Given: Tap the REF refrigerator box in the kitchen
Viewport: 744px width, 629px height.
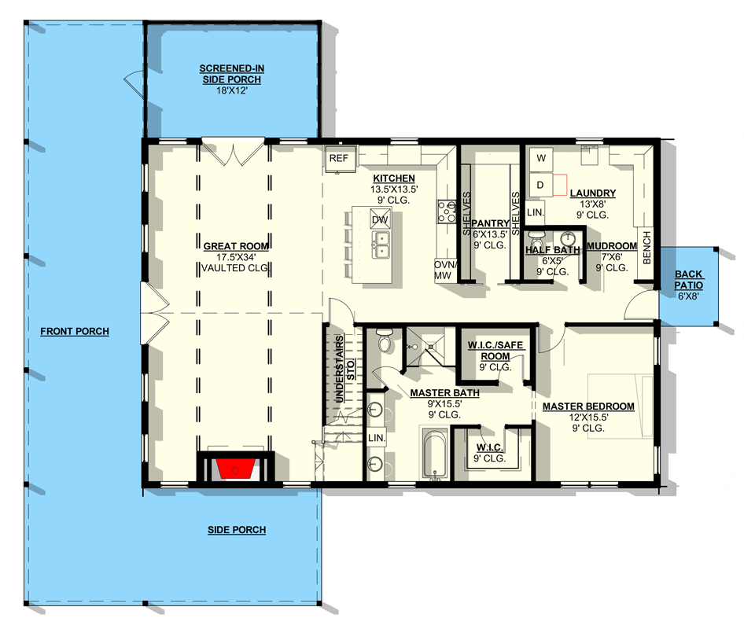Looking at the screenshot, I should (338, 159).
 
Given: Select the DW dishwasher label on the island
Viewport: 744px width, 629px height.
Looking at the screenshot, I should (380, 220).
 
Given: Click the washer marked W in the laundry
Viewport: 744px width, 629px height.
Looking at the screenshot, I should (540, 159).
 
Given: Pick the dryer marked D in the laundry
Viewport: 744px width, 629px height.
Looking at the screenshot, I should (540, 184).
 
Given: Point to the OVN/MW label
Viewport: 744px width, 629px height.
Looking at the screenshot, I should (444, 270).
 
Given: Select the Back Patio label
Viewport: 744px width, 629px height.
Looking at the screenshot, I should (688, 280).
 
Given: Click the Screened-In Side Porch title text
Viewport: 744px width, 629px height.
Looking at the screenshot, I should (230, 75).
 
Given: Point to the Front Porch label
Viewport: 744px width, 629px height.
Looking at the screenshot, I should (75, 332).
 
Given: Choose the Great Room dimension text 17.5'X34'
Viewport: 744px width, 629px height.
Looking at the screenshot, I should (236, 257).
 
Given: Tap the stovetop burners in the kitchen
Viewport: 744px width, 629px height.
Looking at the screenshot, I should (447, 211).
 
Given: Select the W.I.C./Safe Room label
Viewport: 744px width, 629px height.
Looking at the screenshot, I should (495, 351).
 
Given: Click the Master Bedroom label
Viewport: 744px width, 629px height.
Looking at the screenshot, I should (588, 406).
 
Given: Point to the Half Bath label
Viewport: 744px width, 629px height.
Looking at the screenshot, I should (552, 251).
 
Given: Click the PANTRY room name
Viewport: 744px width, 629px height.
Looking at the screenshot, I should (489, 224).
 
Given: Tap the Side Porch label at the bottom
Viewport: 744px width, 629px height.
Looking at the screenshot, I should (236, 530).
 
